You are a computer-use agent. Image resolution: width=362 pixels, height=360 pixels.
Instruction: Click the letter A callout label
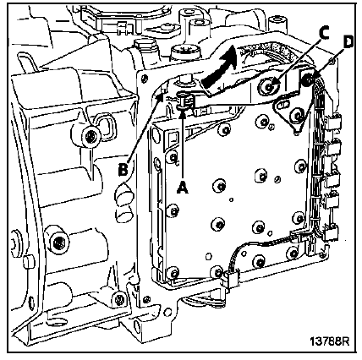[x=183, y=187]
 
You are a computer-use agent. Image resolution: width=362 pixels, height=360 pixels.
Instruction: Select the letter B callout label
[x=123, y=169]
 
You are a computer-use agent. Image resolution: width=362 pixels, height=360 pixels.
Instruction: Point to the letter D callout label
[x=348, y=43]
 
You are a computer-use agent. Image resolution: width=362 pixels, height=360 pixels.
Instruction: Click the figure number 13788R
[x=330, y=341]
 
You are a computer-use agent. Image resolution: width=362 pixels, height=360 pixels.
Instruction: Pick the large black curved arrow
[x=220, y=67]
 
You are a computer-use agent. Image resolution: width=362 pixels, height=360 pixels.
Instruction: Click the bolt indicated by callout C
[x=268, y=86]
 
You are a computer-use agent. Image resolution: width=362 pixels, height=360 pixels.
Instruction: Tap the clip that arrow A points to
[x=186, y=101]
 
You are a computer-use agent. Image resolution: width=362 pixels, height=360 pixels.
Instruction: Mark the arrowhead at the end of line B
[x=161, y=97]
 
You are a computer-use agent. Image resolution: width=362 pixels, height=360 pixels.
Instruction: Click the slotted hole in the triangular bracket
[x=282, y=106]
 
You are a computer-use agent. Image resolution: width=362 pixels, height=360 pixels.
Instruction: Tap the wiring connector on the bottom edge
[x=232, y=280]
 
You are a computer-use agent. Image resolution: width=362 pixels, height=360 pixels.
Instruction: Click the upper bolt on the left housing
[x=90, y=137]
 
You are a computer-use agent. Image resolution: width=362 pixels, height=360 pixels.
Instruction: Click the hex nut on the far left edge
[x=14, y=242]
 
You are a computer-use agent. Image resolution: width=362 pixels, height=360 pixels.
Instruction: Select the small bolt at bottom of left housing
[x=119, y=299]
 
